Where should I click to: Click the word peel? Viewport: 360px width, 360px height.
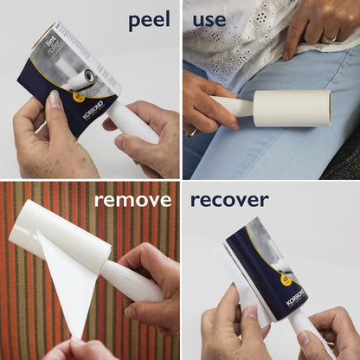tap(149, 20)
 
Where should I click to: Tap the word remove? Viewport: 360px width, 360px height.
tap(132, 201)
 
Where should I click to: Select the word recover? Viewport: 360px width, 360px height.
tap(229, 201)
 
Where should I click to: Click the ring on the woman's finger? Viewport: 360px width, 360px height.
tap(329, 37)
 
